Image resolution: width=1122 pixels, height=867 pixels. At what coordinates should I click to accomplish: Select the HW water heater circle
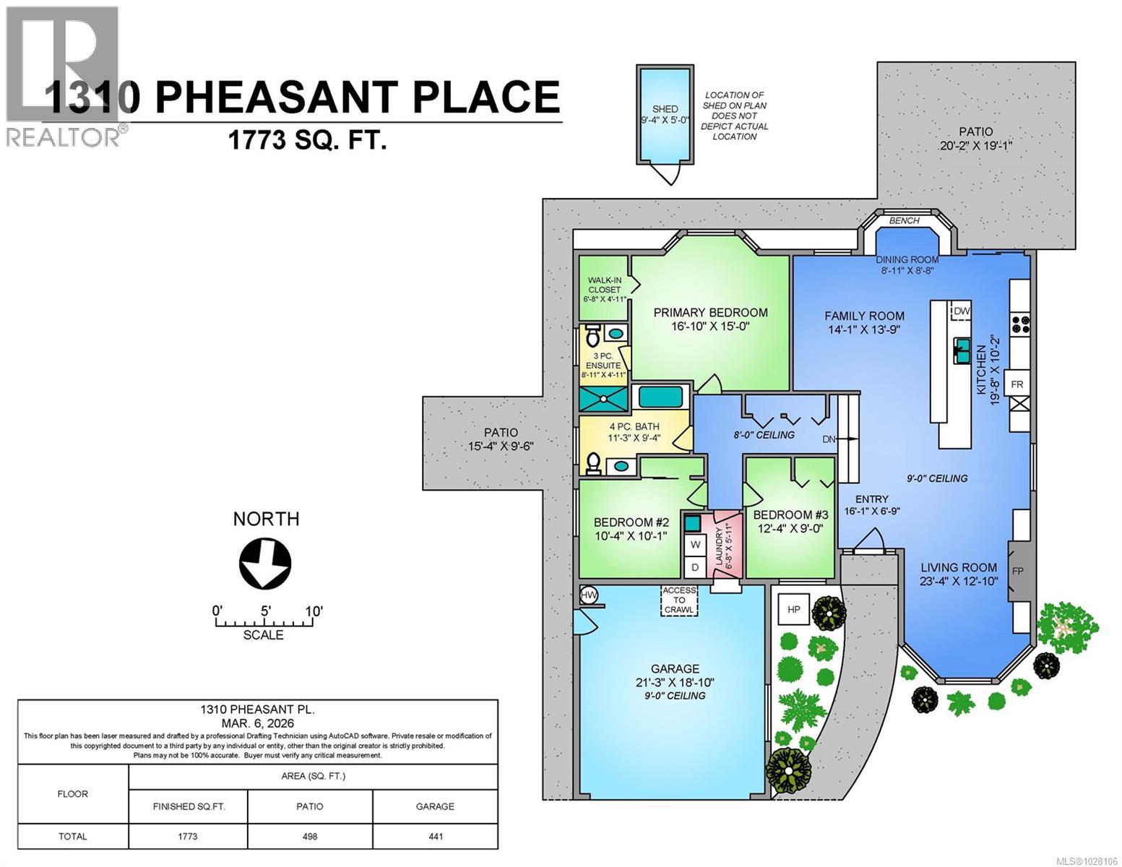pos(590,595)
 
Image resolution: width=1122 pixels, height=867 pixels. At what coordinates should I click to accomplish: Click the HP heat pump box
pos(793,610)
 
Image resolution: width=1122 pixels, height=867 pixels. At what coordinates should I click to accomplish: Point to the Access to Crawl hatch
pos(679,600)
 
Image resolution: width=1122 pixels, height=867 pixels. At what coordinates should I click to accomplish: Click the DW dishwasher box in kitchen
pos(961,311)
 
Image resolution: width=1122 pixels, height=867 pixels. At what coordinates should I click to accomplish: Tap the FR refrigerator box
pos(1017,384)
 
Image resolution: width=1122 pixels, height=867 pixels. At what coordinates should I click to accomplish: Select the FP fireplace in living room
pos(1017,570)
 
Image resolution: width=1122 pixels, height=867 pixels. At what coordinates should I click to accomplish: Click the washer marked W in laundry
pos(695,544)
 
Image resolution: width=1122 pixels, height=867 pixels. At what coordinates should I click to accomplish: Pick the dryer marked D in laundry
pos(695,568)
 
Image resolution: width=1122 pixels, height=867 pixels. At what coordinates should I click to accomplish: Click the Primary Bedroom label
pos(710,313)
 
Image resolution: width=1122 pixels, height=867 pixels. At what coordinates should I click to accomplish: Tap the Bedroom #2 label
pos(631,522)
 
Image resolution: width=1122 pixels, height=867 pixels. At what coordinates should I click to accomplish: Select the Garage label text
pos(675,669)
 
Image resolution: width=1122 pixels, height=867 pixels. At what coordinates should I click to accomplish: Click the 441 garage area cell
pos(435,836)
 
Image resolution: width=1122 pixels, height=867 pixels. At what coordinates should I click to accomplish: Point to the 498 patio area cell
pos(310,836)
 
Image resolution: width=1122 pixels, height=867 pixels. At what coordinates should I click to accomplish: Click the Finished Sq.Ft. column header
pos(189,806)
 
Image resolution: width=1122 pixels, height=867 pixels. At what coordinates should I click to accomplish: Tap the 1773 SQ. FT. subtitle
pos(307,139)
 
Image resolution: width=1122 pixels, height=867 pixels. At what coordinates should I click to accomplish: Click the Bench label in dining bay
pos(904,220)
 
